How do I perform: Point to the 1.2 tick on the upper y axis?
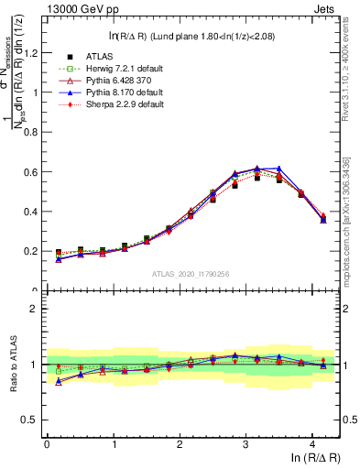coord(35,52)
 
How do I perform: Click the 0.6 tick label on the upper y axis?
coord(35,171)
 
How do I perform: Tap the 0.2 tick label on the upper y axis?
coord(35,251)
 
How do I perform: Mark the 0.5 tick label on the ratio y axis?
coord(34,420)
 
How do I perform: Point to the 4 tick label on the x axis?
coord(313,445)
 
